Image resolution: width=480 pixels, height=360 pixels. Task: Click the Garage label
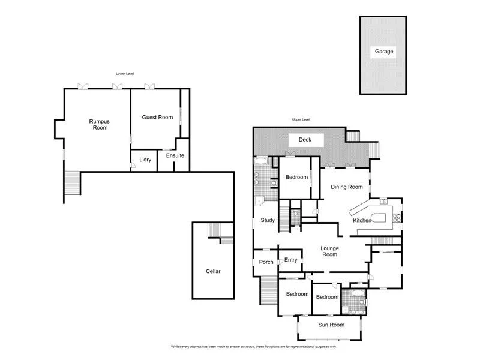point(384,52)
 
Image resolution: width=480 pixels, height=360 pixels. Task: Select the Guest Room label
point(157,118)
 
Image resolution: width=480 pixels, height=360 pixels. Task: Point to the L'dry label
point(145,160)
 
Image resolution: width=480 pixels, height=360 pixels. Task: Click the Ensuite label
point(175,156)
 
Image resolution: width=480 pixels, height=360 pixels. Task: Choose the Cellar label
point(213,271)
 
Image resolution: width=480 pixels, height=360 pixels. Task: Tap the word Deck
point(305,140)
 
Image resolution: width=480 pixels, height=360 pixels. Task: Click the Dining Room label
point(347,187)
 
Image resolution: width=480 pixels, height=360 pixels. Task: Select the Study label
point(268,220)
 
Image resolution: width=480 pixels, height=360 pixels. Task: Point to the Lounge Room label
point(329,251)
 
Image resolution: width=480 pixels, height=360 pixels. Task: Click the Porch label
point(266,262)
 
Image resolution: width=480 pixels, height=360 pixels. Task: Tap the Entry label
point(291,260)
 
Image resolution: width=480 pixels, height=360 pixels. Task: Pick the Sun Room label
point(331,325)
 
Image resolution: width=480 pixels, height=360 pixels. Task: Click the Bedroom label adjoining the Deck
point(296,178)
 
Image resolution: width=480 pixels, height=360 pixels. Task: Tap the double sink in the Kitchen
point(384,202)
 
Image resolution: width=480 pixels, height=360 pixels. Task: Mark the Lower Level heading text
point(125,73)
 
